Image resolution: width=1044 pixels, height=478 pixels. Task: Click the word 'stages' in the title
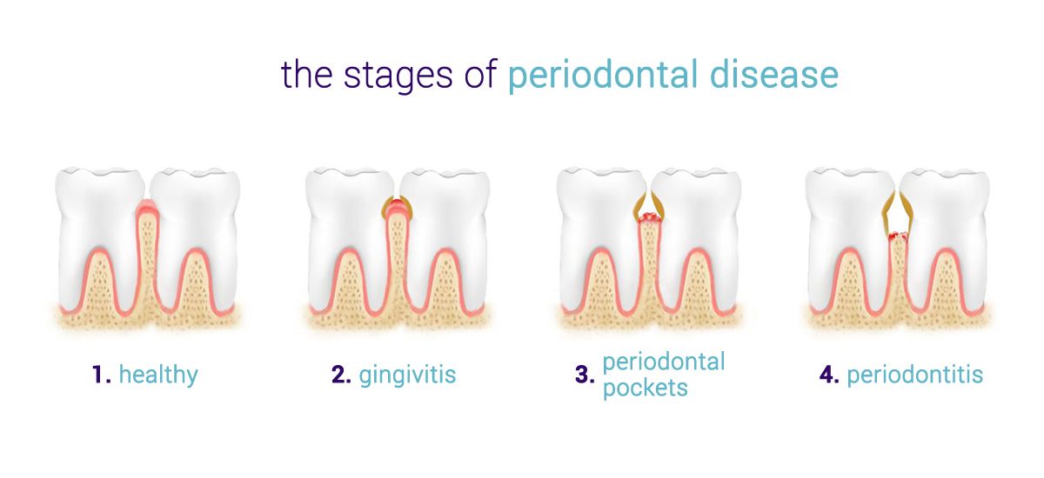(398, 76)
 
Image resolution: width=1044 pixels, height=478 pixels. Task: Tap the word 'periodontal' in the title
(603, 76)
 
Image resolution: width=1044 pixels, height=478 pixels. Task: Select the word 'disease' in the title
(774, 75)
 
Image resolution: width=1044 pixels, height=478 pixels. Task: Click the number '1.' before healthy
(102, 375)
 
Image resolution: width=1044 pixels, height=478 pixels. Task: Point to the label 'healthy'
(158, 375)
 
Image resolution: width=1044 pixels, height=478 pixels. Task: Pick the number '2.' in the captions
(341, 375)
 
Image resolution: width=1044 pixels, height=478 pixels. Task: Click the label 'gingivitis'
(407, 375)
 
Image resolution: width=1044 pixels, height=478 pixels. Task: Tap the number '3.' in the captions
(585, 375)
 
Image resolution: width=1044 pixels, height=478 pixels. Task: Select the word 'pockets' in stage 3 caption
(645, 388)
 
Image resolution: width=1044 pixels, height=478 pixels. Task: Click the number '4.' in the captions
(830, 375)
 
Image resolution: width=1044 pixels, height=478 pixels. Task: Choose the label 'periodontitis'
(915, 375)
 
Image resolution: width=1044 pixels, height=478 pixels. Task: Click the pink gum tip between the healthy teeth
(147, 206)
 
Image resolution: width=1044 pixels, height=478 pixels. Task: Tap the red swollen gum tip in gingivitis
(397, 205)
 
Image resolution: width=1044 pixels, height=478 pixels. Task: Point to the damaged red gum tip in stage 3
(650, 217)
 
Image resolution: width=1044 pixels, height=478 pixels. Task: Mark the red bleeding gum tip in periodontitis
(898, 236)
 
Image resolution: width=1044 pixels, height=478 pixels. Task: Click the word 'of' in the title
(480, 75)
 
